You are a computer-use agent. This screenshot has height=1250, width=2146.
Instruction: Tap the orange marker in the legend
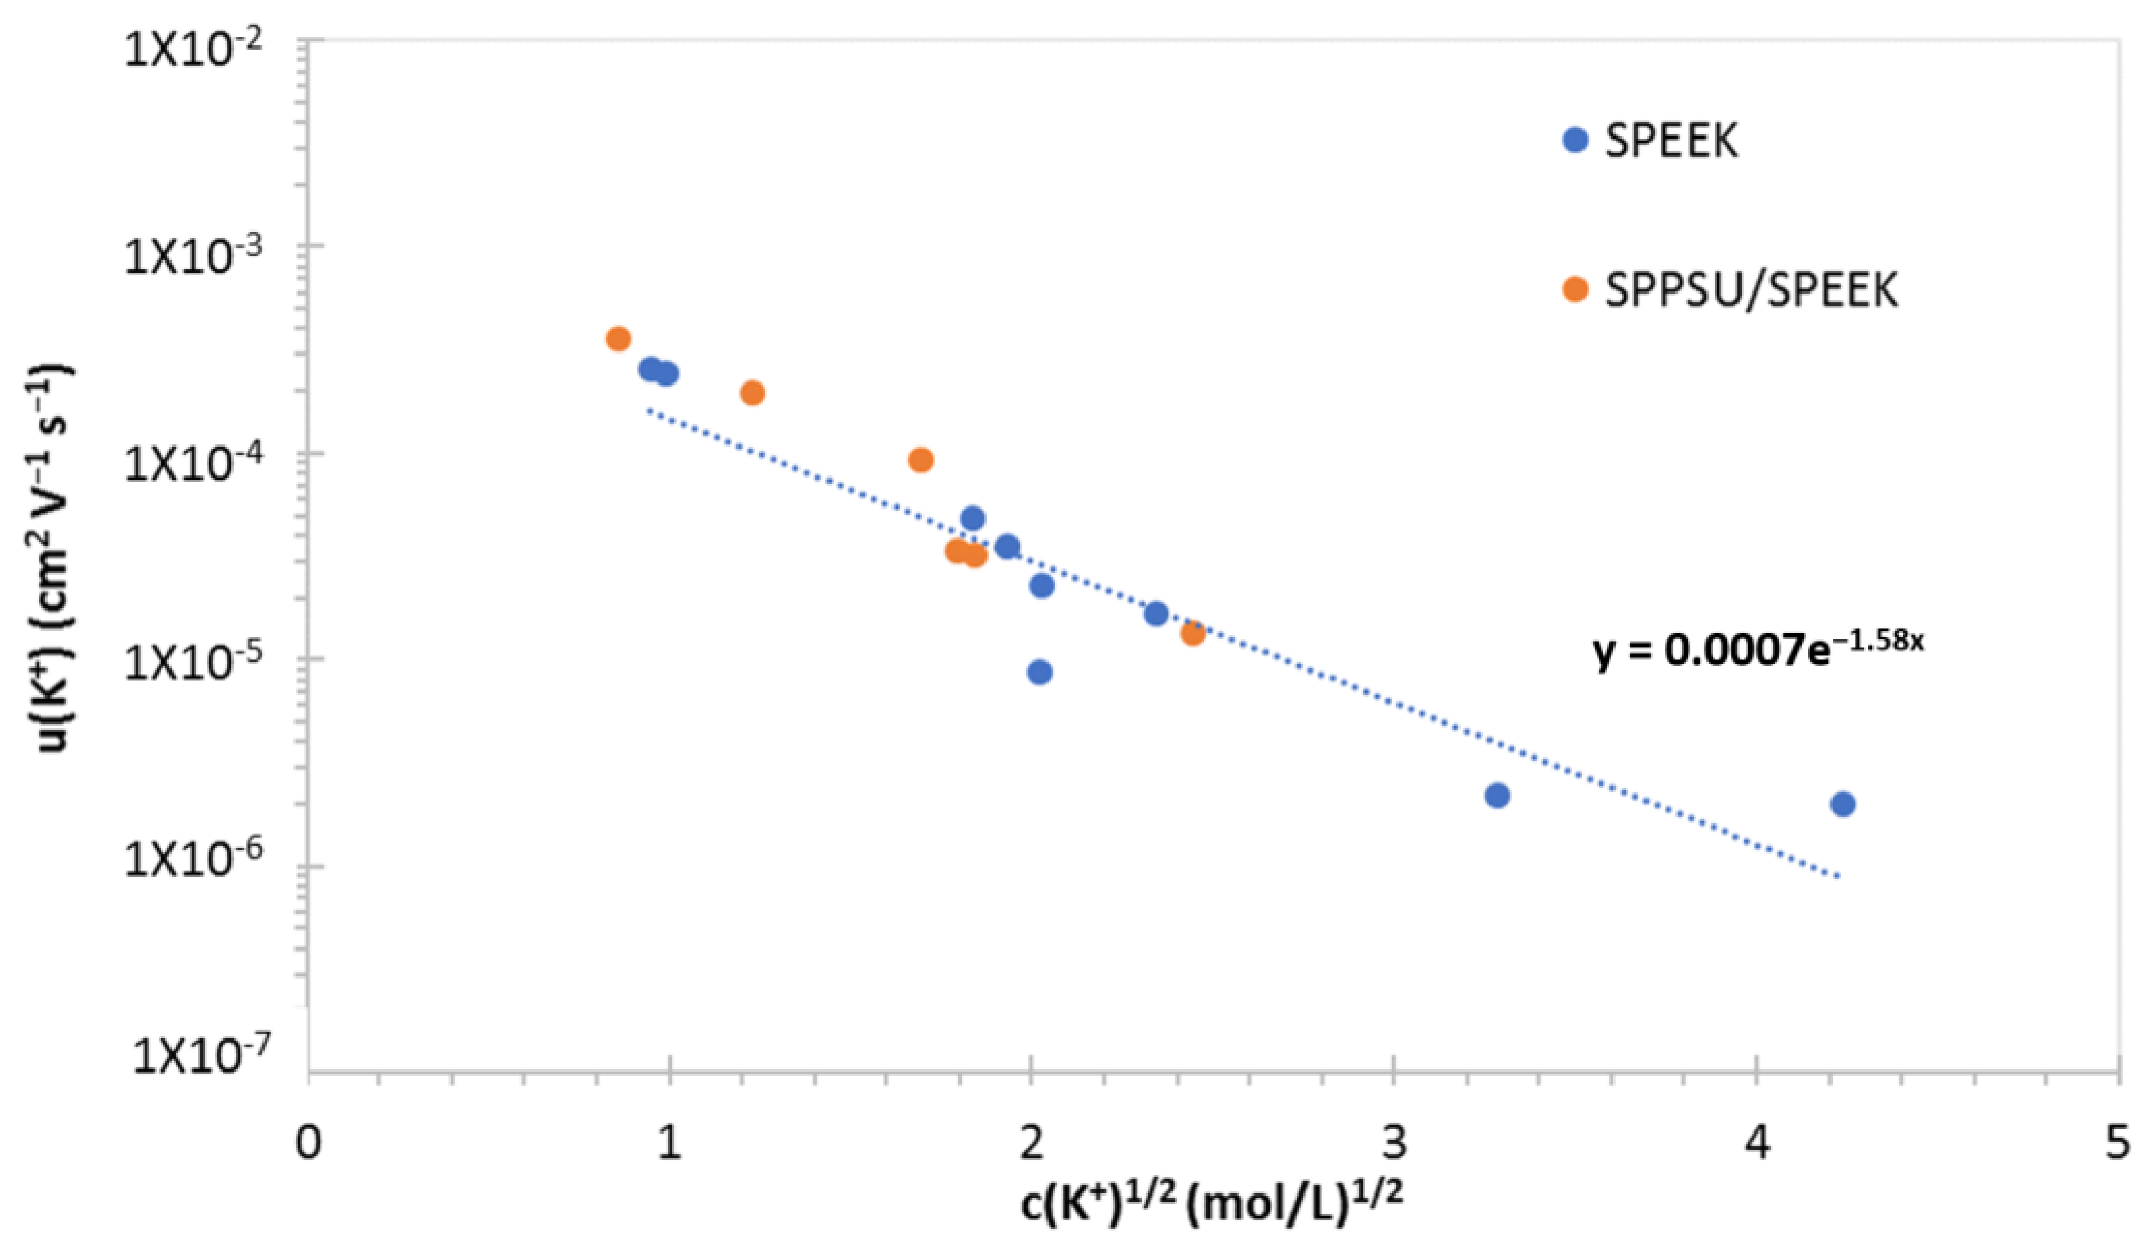[x=1576, y=289]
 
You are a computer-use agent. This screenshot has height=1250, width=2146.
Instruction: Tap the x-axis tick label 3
[x=1393, y=1143]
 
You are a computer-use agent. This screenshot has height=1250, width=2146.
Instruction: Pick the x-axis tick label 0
[x=307, y=1143]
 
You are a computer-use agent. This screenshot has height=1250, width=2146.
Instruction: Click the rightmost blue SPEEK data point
[x=1842, y=803]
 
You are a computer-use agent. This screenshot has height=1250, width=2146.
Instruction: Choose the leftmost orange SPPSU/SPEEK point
[x=618, y=339]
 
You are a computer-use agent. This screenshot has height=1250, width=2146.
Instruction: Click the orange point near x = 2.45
[x=1193, y=633]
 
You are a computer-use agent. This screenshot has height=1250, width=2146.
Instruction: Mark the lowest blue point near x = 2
[x=1039, y=672]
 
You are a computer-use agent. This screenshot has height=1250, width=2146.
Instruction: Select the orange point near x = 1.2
[x=752, y=393]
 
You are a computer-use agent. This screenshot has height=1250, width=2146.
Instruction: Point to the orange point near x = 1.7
[x=920, y=460]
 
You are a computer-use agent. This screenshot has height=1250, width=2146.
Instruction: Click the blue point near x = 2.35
[x=1155, y=613]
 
